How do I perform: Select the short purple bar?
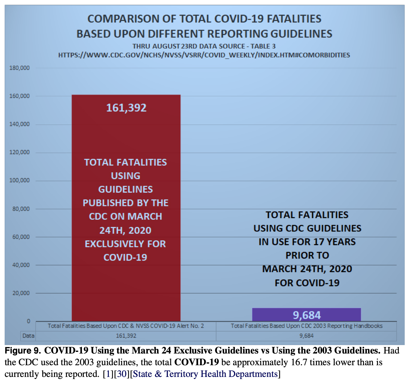(306, 315)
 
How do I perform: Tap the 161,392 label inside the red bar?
(126, 108)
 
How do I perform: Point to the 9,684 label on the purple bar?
(307, 315)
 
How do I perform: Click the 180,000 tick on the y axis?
(20, 68)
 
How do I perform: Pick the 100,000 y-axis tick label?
(20, 180)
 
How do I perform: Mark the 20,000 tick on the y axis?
(21, 293)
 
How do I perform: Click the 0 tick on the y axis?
(28, 321)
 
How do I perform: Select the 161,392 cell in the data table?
(126, 336)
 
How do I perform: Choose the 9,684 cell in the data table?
(306, 336)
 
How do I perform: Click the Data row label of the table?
(28, 336)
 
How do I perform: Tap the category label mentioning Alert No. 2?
(126, 326)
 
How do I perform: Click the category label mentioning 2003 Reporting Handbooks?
(307, 326)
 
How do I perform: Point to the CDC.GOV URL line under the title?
(204, 55)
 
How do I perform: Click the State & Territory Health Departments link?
(205, 374)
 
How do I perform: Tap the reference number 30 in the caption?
(122, 374)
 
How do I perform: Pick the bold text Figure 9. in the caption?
(23, 351)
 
